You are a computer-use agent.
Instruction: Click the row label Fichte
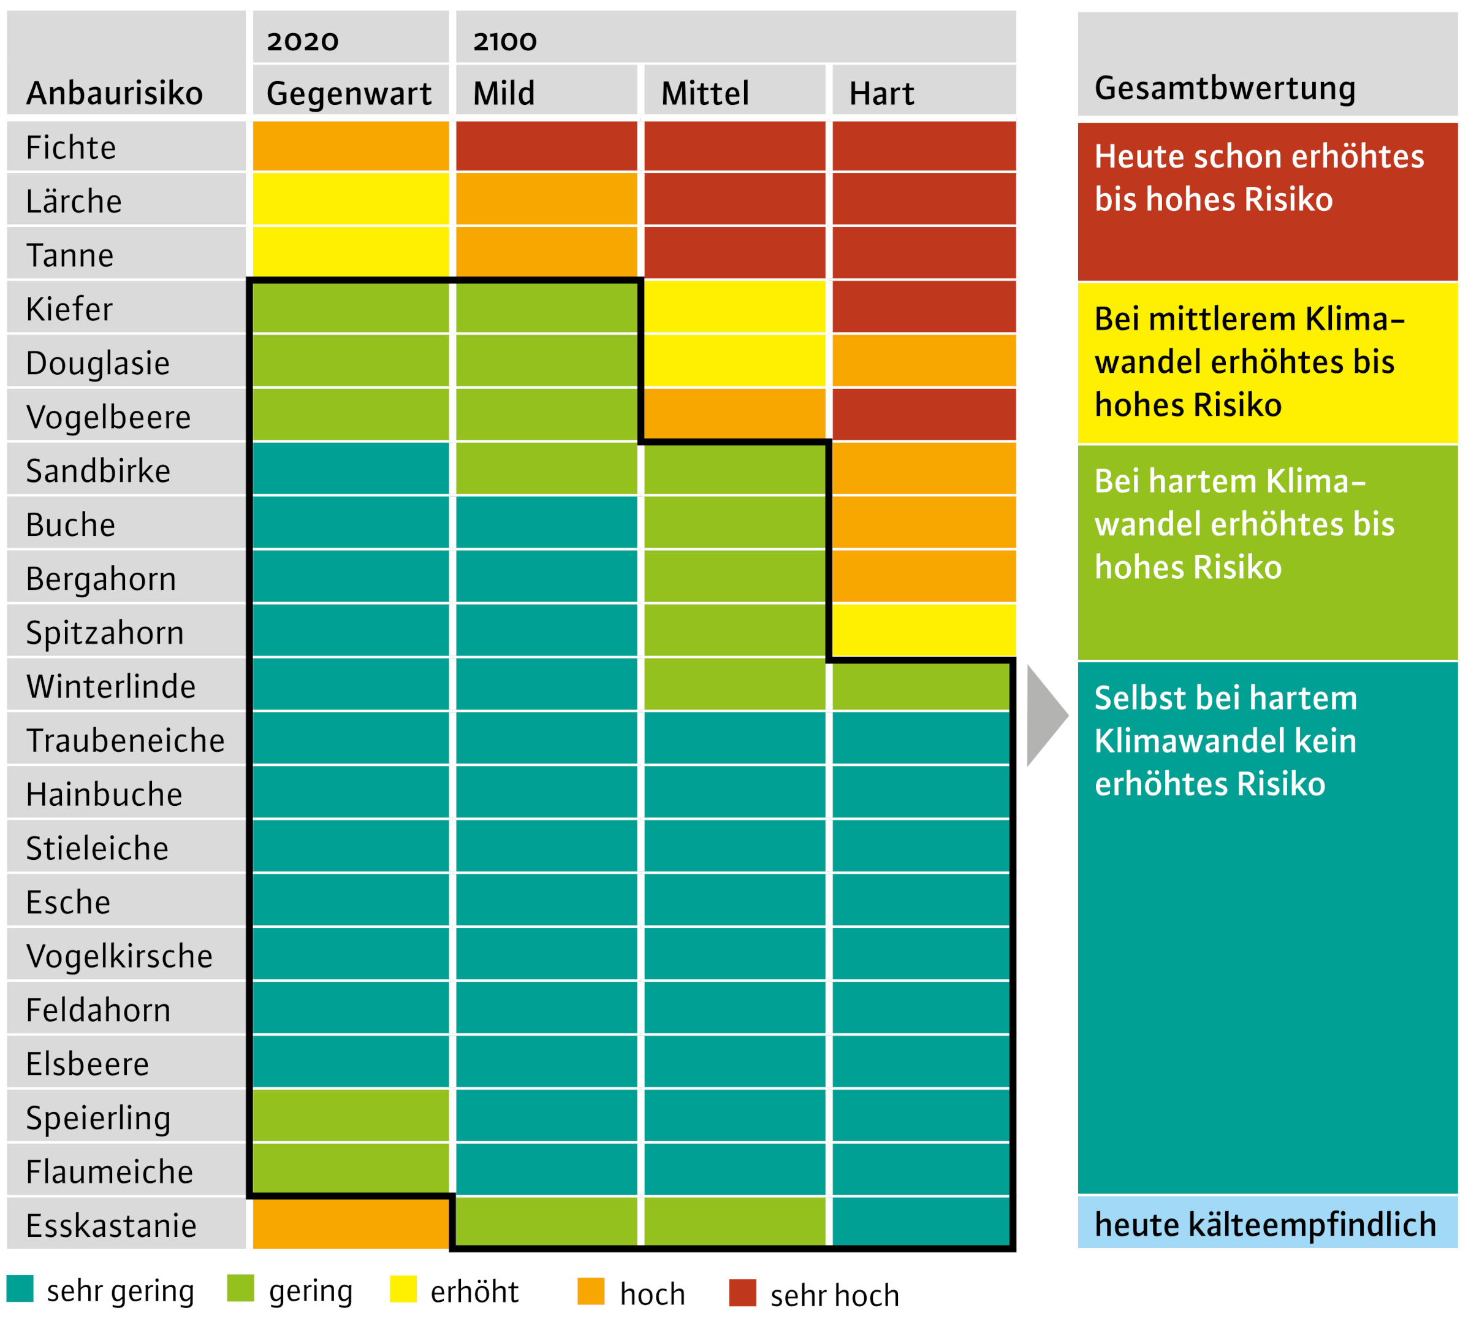(x=71, y=148)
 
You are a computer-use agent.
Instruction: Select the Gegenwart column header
(x=349, y=94)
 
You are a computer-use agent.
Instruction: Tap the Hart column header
(x=881, y=94)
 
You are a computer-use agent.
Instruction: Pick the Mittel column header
(x=705, y=94)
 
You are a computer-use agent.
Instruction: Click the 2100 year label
(x=504, y=42)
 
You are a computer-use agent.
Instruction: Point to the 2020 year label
(x=303, y=42)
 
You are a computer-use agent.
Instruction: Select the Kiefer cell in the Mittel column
(x=734, y=308)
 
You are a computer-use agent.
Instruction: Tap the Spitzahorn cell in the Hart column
(x=924, y=630)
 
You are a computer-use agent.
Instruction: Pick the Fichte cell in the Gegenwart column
(x=351, y=146)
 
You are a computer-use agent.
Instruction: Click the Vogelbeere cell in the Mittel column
(x=734, y=415)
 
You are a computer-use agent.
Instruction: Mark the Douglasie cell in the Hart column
(x=924, y=361)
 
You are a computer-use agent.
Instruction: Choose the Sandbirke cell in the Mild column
(x=546, y=469)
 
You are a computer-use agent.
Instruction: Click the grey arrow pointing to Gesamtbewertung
(x=1044, y=716)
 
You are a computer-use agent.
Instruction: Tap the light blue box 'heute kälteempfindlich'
(x=1267, y=1223)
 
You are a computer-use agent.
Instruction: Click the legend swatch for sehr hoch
(x=742, y=1293)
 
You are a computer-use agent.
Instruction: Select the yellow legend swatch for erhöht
(x=403, y=1289)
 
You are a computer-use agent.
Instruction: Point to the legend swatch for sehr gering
(x=20, y=1289)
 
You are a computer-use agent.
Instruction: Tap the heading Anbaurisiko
(x=114, y=94)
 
